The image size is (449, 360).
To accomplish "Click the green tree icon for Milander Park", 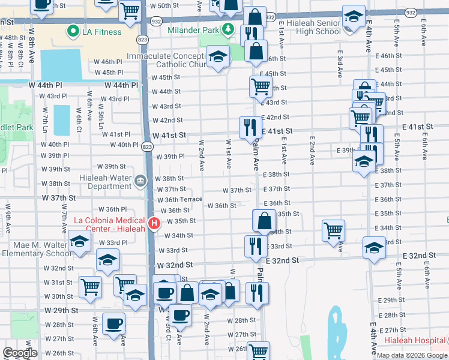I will click(x=228, y=29).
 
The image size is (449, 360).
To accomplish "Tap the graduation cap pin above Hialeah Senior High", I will click(x=354, y=17).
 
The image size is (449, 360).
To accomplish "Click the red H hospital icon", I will click(x=154, y=224).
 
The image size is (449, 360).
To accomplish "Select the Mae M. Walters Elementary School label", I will click(x=37, y=248).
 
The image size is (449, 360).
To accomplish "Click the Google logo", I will click(x=20, y=353).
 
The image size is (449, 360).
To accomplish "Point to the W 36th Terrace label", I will click(x=179, y=200).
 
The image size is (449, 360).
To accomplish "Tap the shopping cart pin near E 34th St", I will click(x=333, y=229).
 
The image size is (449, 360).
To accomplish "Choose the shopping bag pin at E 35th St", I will click(x=264, y=220).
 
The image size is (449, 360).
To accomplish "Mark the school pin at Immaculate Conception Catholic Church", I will click(x=218, y=57).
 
